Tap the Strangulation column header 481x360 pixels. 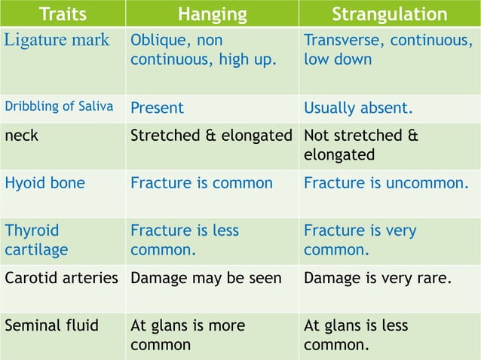(x=390, y=14)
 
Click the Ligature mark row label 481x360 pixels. (x=57, y=40)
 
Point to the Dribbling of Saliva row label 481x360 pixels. (x=59, y=106)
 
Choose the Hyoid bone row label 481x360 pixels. (x=44, y=183)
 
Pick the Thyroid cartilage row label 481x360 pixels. (x=36, y=239)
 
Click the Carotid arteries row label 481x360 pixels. (x=62, y=278)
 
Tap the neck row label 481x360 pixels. (x=23, y=136)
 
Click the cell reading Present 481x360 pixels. (x=157, y=108)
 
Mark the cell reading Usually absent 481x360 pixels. (x=358, y=108)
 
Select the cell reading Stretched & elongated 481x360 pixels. (x=211, y=136)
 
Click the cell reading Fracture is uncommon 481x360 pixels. (x=386, y=183)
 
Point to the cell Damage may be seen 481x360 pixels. (x=206, y=278)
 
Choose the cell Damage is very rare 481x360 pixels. (x=378, y=278)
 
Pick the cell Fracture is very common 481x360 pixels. (x=360, y=239)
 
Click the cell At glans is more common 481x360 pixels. (x=188, y=335)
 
